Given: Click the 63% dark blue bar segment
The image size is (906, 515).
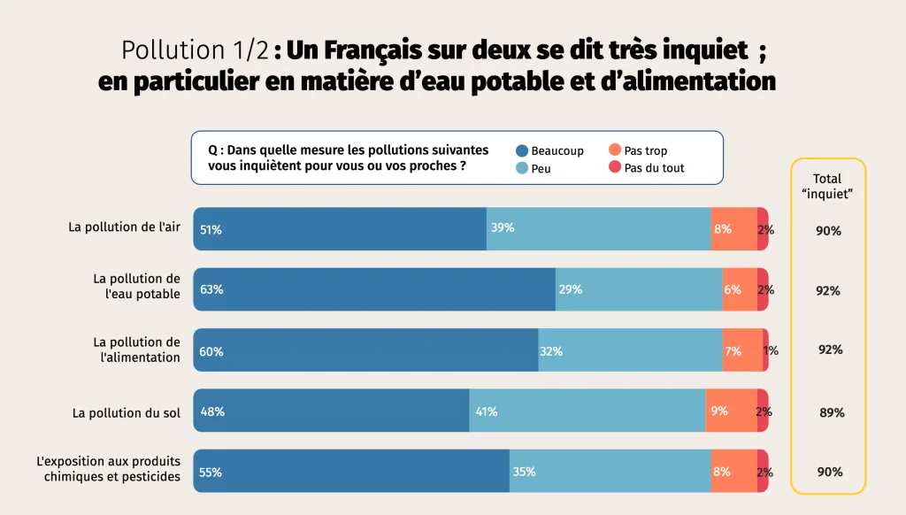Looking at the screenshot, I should pos(374,289).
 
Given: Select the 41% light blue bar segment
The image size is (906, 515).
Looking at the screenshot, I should pos(587,411).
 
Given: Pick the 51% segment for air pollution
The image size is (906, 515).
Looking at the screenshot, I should pos(340,229).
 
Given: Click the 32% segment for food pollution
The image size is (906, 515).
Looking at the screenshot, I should pos(630,350).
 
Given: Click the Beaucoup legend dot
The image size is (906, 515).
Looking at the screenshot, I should pos(522,150).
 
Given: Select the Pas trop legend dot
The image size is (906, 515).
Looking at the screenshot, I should pos(615,150).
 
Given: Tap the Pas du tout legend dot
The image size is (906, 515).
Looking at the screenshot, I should pos(615,167).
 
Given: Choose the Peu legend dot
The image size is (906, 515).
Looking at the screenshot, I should pos(522,167).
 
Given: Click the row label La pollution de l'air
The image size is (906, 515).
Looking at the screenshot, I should pos(124,227).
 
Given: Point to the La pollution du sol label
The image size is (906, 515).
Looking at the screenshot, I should pos(127,413).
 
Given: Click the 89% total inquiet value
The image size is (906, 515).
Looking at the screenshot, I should pos(832,412).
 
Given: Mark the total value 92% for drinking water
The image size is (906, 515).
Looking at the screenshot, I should pos(828,290).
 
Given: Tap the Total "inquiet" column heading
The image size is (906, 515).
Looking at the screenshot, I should pos(827,186).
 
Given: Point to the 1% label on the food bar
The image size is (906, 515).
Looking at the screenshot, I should pos(771,350).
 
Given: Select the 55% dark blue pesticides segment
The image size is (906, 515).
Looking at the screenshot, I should pos(351,472).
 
